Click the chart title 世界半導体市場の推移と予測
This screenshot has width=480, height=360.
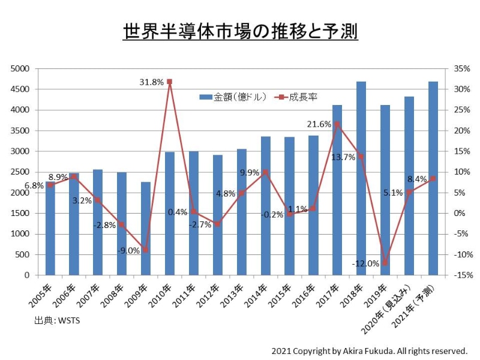[240, 31]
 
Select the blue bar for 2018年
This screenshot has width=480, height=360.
[361, 180]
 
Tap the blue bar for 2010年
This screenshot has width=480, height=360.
[170, 214]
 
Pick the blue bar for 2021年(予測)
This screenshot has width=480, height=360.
[433, 180]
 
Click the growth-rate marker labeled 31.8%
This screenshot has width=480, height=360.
[169, 82]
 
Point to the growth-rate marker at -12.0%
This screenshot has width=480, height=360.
[385, 263]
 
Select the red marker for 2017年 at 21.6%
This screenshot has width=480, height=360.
[337, 124]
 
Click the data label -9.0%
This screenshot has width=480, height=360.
[128, 250]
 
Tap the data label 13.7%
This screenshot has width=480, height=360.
[343, 157]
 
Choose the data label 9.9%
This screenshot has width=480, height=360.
[250, 173]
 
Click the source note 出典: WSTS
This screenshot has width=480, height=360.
[57, 320]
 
